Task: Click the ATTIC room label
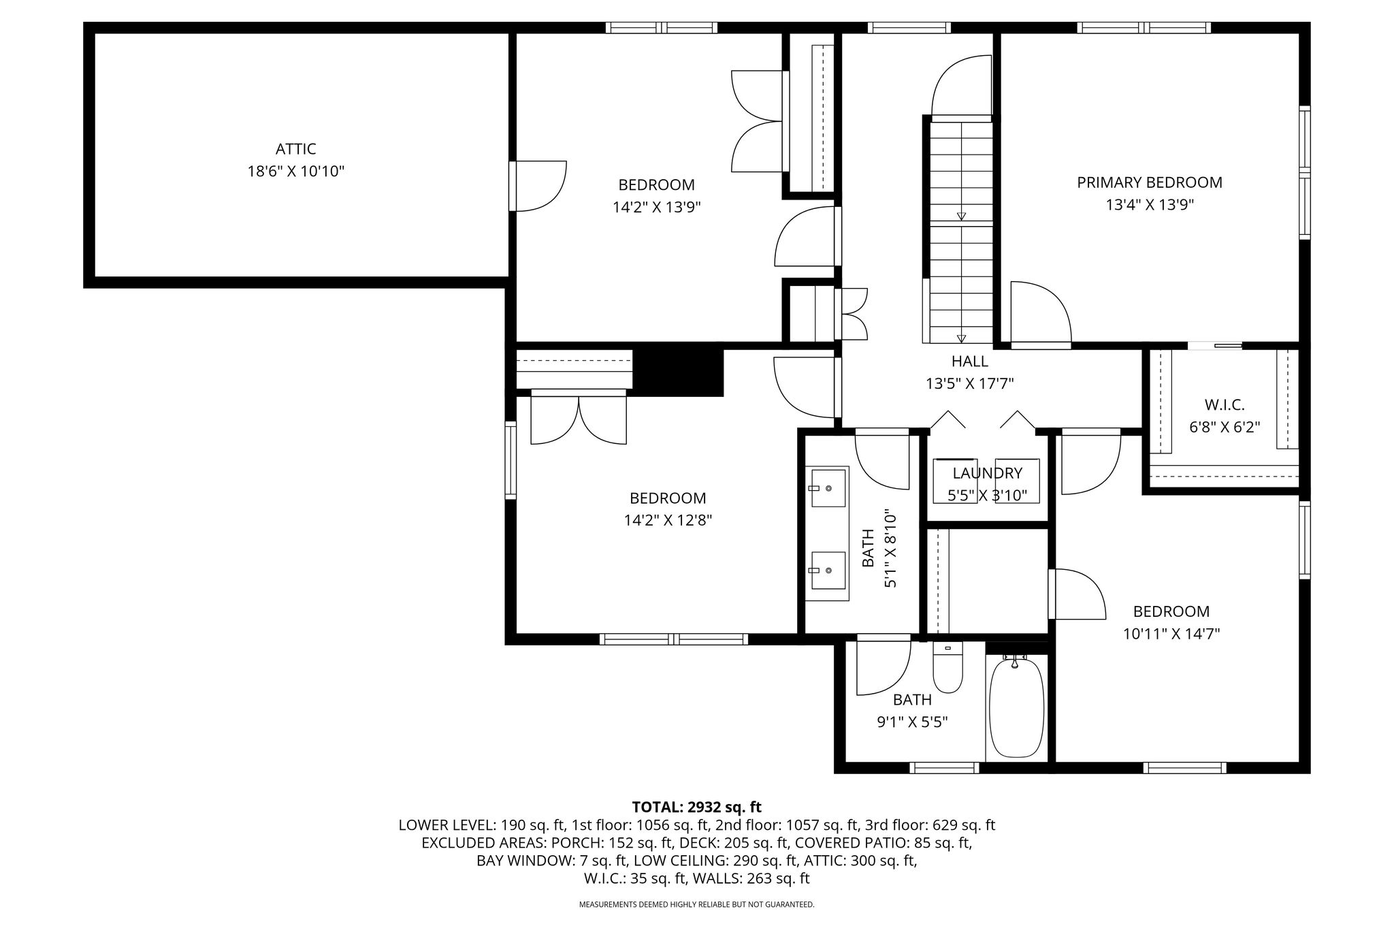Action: (295, 148)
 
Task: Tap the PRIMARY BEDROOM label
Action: (1150, 182)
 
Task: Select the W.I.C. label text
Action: (1225, 405)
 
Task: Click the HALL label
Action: (969, 362)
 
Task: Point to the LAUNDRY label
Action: (987, 473)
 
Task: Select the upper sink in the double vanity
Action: (827, 487)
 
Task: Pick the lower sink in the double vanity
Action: (827, 571)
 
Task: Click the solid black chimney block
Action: (678, 372)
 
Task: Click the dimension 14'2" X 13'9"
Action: (657, 207)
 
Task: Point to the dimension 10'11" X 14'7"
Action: (1171, 634)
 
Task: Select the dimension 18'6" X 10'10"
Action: (295, 171)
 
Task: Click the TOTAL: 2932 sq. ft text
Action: (696, 807)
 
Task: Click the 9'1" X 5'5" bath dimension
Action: (912, 722)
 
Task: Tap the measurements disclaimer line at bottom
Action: (696, 905)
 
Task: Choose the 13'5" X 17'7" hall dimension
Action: (969, 384)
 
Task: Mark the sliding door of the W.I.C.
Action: (1215, 346)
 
